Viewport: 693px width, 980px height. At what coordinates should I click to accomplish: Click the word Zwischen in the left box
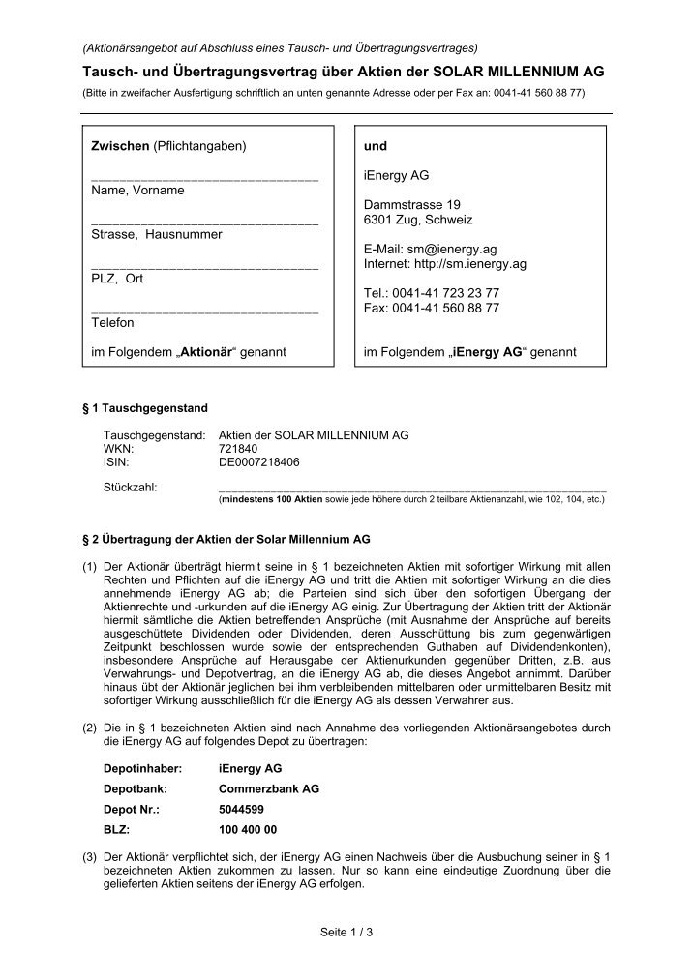click(119, 146)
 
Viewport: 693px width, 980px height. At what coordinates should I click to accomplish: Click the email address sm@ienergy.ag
click(455, 249)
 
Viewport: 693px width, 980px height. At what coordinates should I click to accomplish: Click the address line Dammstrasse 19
click(412, 205)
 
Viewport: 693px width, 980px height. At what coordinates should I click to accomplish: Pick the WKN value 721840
click(239, 449)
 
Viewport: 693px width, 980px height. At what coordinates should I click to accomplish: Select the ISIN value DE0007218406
click(259, 462)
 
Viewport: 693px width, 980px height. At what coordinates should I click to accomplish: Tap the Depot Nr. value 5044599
click(241, 809)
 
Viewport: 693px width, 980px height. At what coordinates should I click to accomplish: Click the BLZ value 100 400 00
click(248, 829)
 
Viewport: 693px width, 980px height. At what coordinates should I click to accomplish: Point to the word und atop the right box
click(375, 146)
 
